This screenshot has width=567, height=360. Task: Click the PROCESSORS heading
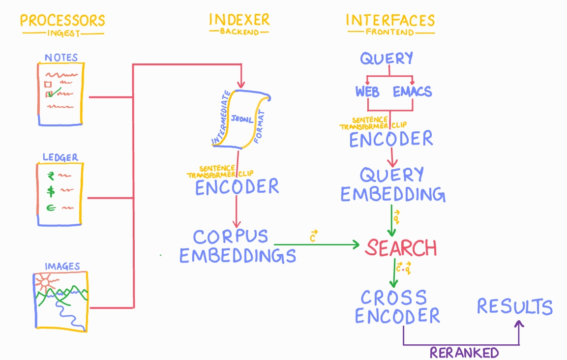pos(62,21)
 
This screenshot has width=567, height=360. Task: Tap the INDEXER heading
pos(239,20)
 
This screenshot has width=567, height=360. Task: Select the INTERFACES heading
pos(390,20)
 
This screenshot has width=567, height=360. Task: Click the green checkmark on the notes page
pos(55,92)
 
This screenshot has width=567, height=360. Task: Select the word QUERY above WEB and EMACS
pos(387,59)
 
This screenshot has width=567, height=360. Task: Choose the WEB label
pos(367,92)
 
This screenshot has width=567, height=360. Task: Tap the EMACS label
pos(412,92)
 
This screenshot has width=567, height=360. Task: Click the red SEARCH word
pos(400,248)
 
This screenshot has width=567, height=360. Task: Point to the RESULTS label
pos(514,307)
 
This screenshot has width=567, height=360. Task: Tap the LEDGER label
pos(60,158)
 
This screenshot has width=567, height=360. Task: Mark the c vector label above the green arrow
pos(312,236)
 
